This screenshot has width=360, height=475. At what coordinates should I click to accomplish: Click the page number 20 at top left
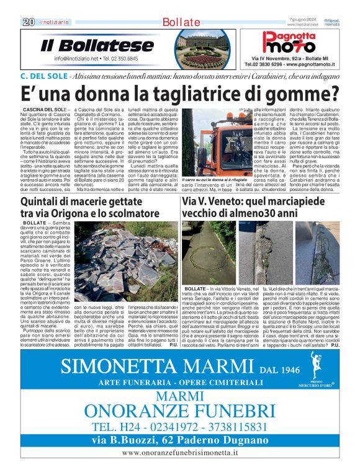28,22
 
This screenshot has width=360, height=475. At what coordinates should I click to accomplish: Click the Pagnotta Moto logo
288,43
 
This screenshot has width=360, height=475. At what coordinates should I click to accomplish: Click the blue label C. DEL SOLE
43,76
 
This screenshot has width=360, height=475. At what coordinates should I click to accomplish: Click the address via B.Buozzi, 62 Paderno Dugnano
179,441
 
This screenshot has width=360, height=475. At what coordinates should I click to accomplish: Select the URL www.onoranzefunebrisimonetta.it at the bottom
179,453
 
